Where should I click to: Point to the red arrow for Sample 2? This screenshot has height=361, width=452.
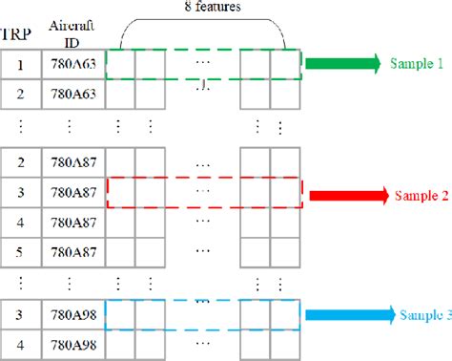tap(344, 197)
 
